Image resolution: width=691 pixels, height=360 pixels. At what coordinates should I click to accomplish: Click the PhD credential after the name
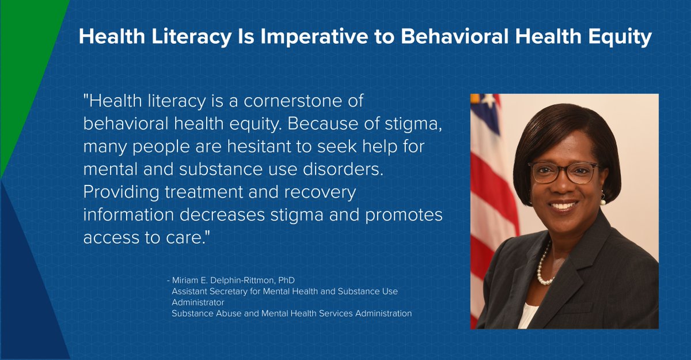click(286, 281)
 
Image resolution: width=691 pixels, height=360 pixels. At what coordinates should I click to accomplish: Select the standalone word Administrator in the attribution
click(198, 302)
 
